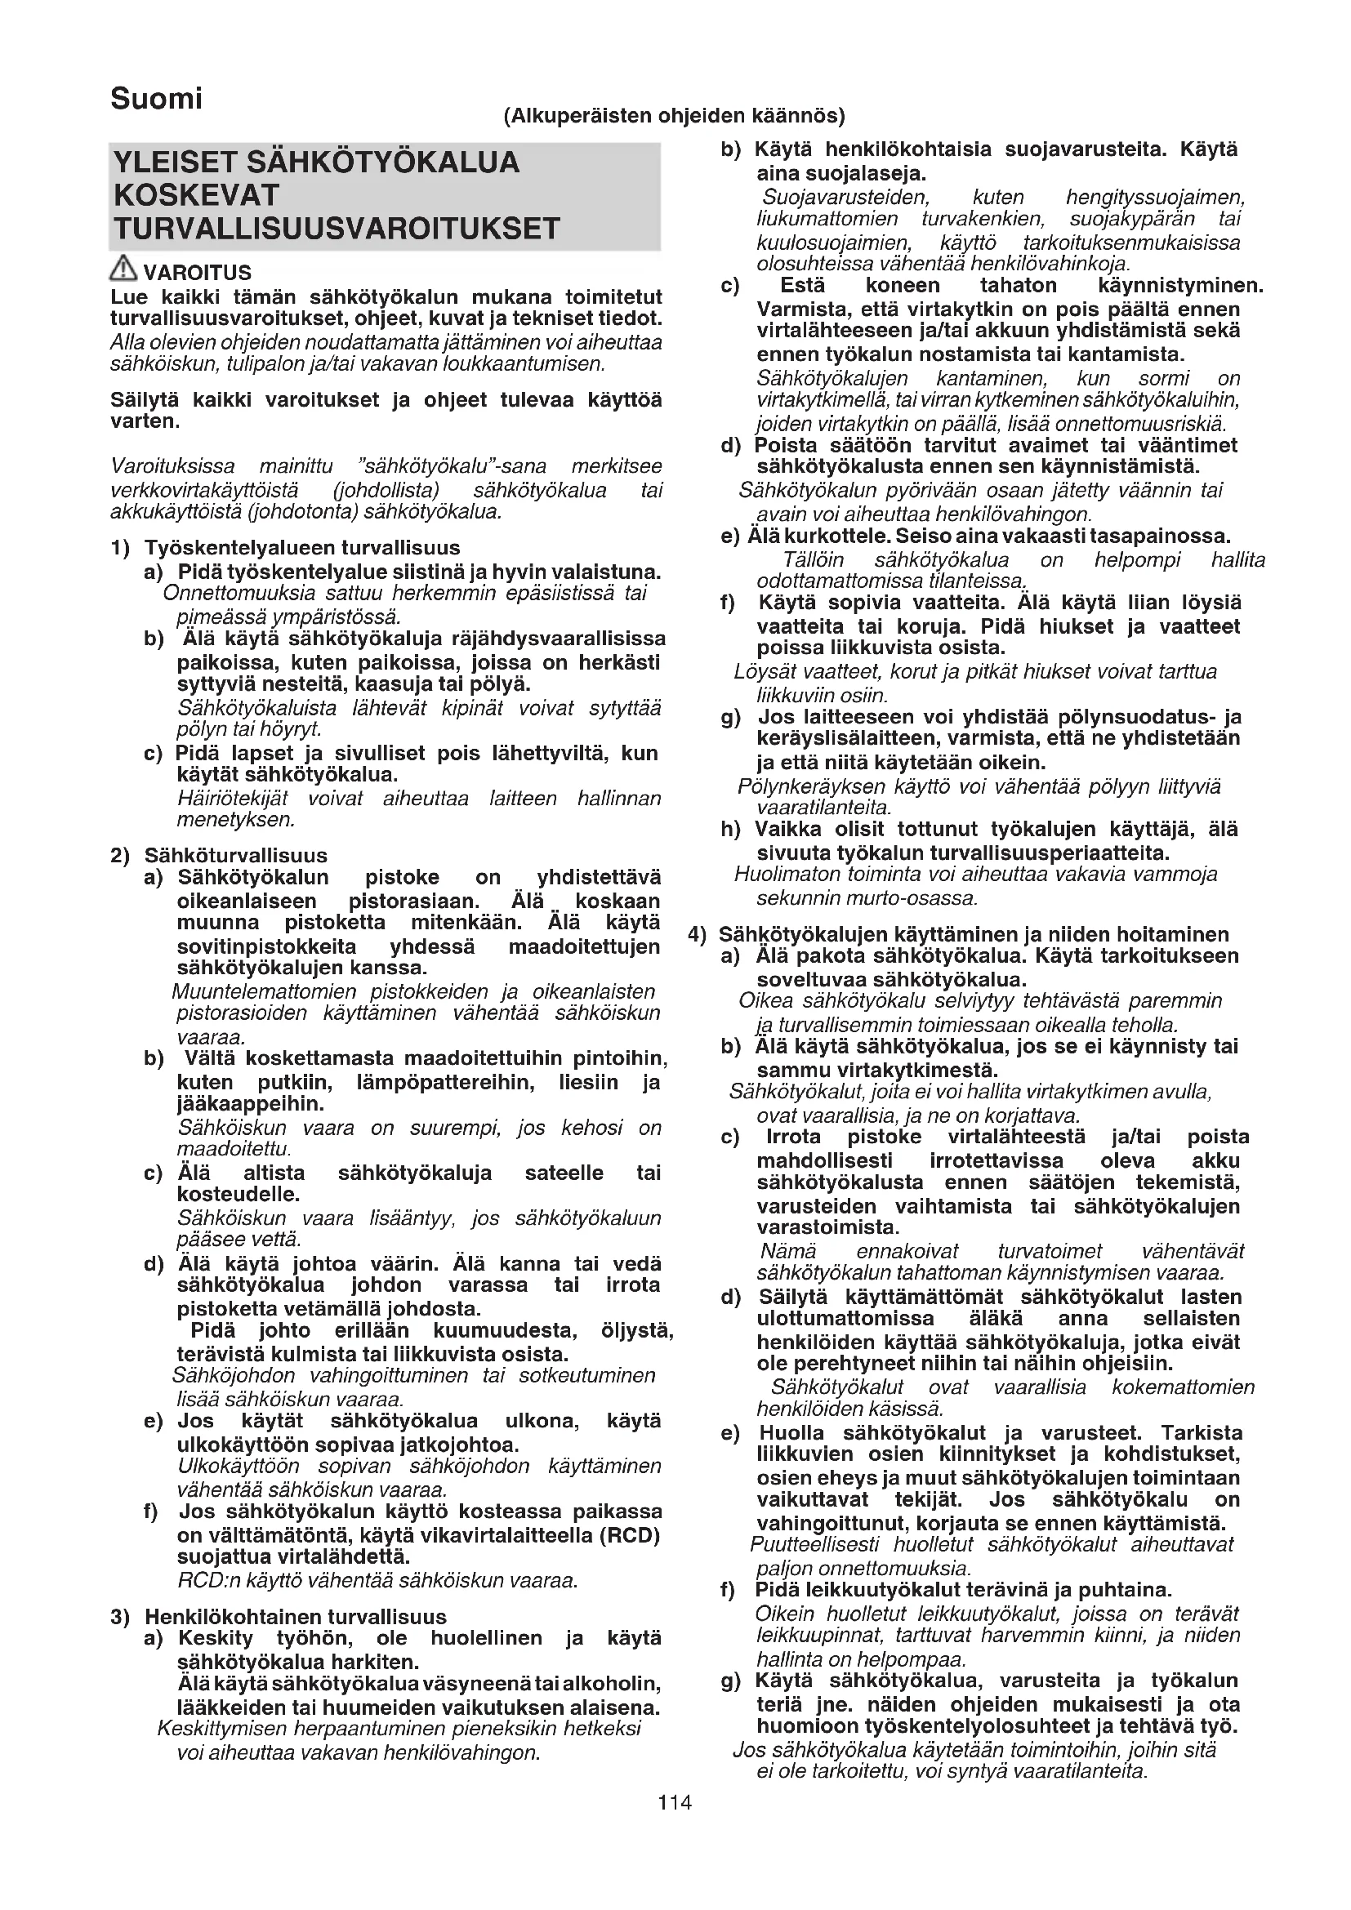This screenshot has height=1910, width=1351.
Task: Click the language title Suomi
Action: point(156,99)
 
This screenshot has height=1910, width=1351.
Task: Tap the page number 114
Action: point(675,1802)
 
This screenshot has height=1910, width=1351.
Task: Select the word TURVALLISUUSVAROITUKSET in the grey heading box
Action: point(337,229)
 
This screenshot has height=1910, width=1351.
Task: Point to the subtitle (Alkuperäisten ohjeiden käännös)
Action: point(674,116)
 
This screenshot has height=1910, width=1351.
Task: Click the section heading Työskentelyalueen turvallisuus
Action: point(302,547)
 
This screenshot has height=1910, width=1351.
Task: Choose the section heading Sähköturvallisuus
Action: point(235,855)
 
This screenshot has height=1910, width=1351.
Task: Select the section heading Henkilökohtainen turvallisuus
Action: point(296,1616)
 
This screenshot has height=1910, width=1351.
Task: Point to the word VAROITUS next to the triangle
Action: point(197,273)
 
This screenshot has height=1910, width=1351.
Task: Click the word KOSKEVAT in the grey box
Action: point(196,195)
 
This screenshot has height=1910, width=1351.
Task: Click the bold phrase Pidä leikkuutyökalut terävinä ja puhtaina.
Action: point(962,1590)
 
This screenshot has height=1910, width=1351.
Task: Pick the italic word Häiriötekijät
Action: point(232,799)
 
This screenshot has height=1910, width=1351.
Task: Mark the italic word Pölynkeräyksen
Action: point(811,786)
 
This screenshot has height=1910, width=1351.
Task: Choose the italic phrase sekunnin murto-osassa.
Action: point(866,898)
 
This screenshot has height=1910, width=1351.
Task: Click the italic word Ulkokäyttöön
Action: point(238,1466)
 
